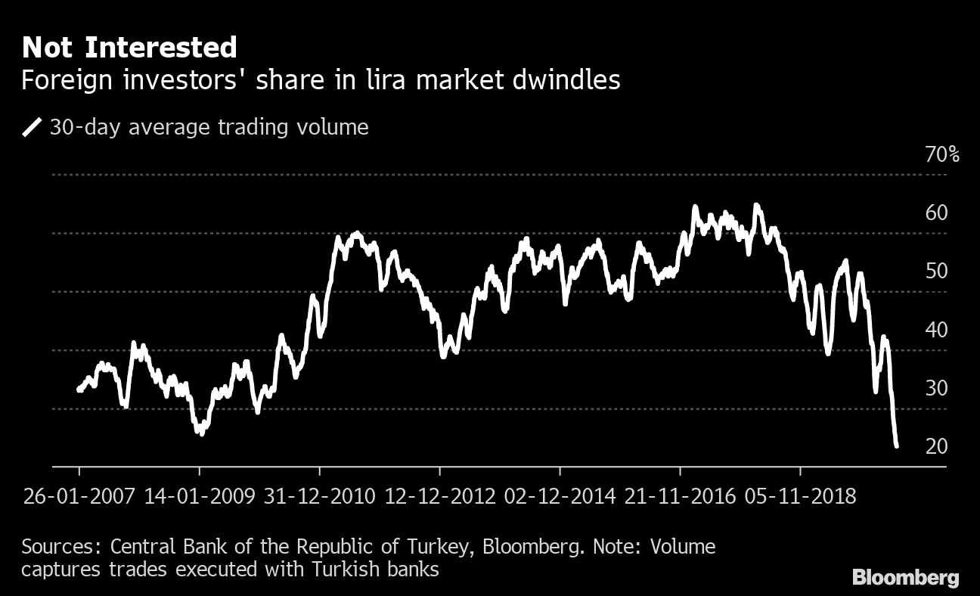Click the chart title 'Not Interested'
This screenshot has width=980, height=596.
[x=129, y=48]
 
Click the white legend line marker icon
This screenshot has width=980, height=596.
[x=33, y=127]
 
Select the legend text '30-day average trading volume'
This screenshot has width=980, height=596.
[x=209, y=127]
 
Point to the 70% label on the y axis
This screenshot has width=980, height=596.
[x=942, y=156]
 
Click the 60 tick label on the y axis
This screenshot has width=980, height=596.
[x=936, y=213]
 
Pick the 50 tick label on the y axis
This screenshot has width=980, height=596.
[x=936, y=272]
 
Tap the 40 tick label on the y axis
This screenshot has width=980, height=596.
[x=936, y=330]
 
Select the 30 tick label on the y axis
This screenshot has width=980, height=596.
[x=936, y=389]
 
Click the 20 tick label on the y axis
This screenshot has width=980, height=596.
[x=936, y=447]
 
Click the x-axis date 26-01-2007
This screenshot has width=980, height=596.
[x=79, y=497]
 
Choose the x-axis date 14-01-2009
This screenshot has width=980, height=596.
[x=199, y=497]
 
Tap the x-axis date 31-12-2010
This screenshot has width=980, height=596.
[x=319, y=497]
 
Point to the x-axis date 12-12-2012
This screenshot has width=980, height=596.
[x=439, y=497]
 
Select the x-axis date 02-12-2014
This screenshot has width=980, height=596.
[x=560, y=497]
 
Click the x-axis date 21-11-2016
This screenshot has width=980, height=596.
[x=680, y=497]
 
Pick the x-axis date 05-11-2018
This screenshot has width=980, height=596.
[x=800, y=497]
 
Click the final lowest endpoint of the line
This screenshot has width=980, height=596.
[x=896, y=446]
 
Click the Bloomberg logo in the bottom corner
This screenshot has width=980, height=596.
[x=906, y=579]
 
